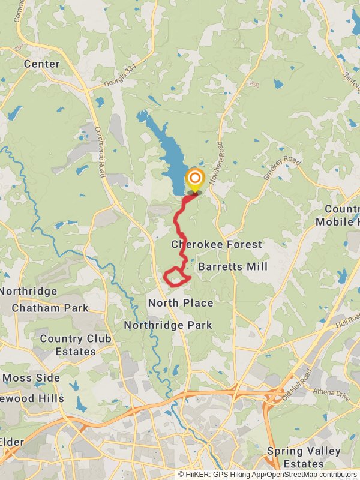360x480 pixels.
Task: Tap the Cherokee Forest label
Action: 217,244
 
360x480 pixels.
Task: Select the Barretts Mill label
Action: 233,266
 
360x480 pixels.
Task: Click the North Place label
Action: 181,303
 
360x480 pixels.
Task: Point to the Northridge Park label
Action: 168,325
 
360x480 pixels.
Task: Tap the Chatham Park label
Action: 50,308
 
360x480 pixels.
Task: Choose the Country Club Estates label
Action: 76,345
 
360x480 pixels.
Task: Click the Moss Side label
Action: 31,378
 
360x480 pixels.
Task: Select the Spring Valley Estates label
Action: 304,457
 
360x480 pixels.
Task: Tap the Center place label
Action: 41,64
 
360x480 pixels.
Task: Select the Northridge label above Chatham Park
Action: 29,292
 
